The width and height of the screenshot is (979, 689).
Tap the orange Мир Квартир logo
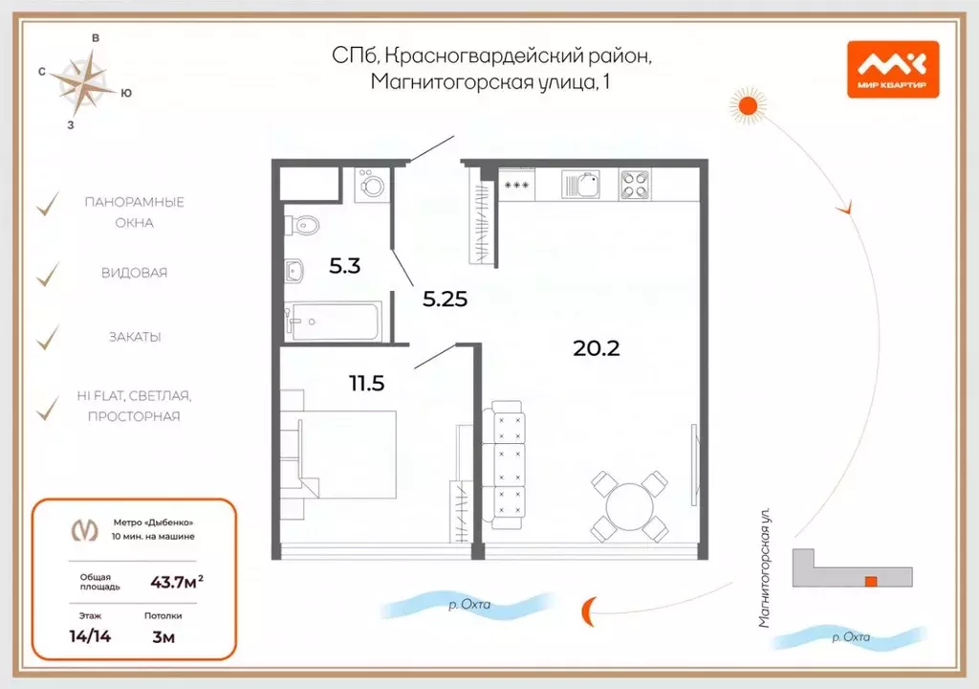(892, 70)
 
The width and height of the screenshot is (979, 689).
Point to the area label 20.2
(597, 348)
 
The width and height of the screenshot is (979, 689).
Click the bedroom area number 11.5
(367, 384)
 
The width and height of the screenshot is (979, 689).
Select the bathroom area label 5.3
(344, 267)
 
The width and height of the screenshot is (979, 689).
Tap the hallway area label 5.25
(445, 298)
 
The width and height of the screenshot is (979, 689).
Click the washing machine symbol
(371, 185)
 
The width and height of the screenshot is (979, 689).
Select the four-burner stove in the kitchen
(634, 184)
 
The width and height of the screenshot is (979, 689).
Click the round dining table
(629, 504)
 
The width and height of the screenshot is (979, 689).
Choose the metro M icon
(85, 529)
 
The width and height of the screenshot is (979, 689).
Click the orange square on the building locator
(870, 581)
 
